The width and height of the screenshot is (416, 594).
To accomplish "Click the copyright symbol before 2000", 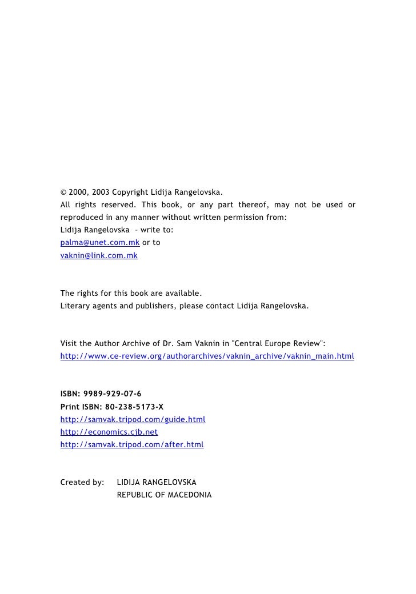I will (63, 191).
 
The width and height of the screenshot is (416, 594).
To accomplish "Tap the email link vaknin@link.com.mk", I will (99, 255).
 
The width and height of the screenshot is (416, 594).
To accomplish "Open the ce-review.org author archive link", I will (207, 356).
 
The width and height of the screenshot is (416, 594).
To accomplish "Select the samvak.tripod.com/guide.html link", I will (133, 419).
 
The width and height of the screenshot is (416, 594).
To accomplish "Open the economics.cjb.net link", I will (109, 432).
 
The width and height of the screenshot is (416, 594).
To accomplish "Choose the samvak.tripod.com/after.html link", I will (131, 444).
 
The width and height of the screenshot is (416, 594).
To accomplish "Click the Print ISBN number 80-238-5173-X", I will (134, 407).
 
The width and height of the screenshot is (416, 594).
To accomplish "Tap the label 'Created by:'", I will (82, 482).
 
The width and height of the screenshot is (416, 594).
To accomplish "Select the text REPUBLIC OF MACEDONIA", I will (164, 495).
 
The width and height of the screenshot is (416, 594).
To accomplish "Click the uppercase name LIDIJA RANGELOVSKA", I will (157, 482).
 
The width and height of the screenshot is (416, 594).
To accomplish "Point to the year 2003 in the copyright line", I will (101, 191).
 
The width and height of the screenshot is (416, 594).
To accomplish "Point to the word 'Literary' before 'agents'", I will (74, 306).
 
